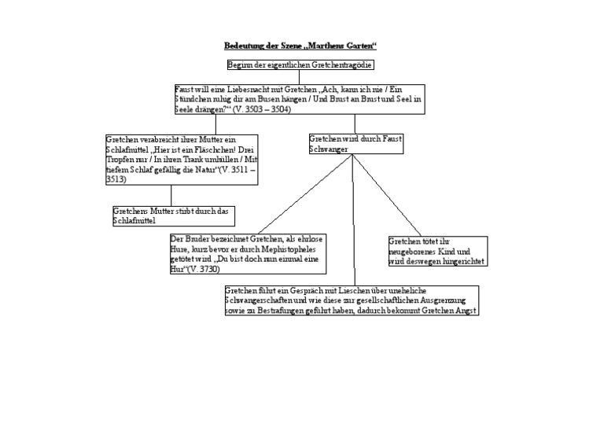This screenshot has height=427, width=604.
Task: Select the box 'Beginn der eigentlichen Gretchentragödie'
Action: (x=300, y=64)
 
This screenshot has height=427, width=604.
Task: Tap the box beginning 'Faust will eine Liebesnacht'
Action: (x=299, y=100)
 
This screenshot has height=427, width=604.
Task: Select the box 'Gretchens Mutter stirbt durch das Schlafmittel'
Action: (x=174, y=216)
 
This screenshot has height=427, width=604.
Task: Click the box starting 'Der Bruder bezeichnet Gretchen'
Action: (x=247, y=253)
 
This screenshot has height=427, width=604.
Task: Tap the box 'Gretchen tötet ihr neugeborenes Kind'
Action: (x=438, y=251)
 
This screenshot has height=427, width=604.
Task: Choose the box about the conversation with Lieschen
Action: (x=351, y=300)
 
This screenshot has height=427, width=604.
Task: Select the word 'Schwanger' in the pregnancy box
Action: (x=331, y=149)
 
